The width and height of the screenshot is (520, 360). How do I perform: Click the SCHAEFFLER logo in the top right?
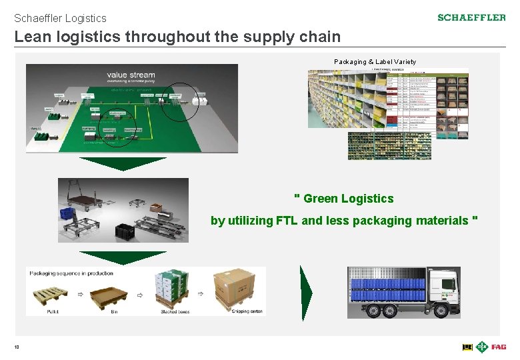point(471,18)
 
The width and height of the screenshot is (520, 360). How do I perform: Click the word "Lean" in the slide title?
point(33,37)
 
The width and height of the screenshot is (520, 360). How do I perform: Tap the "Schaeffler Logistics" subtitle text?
point(60,19)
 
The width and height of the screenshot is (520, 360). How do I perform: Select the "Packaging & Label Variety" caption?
point(375,62)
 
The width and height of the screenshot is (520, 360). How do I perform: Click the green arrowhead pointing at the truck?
point(306,293)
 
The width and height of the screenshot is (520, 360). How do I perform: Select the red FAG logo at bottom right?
point(499,347)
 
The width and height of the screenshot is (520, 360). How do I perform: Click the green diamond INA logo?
point(481,347)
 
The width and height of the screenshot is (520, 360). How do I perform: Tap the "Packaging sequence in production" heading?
point(71,273)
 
